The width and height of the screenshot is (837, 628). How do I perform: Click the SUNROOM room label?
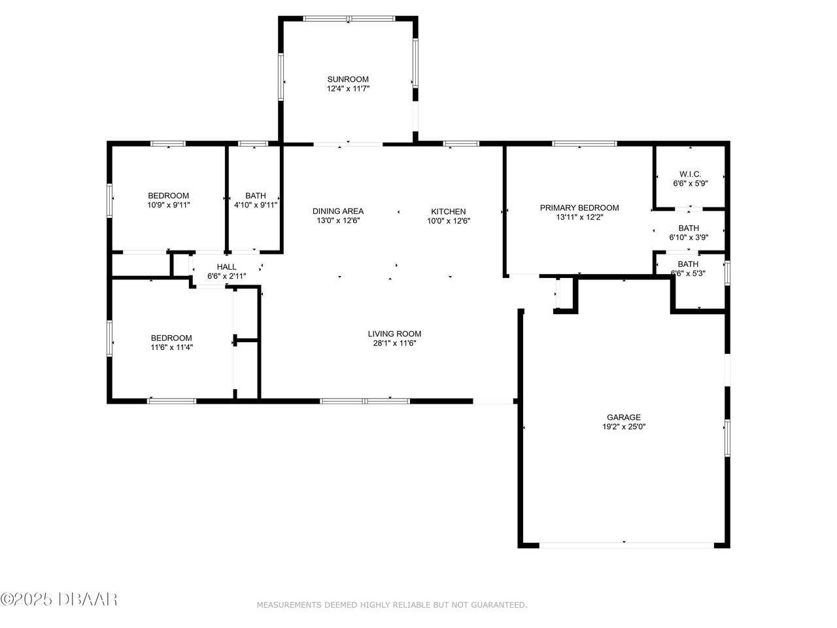[x=348, y=79]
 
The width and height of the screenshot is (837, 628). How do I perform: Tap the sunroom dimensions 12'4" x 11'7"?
[x=348, y=89]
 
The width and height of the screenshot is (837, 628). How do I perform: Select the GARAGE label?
[x=624, y=417]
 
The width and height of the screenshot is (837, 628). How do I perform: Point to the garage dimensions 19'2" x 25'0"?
[x=624, y=427]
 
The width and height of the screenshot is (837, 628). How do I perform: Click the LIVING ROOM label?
[x=395, y=334]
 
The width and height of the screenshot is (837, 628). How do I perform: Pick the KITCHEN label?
[x=449, y=211]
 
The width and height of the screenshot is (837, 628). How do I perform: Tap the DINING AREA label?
[x=338, y=211]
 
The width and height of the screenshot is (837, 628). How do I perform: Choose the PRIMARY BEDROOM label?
[x=579, y=208]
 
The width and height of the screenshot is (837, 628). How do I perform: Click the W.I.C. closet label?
[x=690, y=174]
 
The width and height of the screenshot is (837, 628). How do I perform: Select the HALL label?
[x=226, y=267]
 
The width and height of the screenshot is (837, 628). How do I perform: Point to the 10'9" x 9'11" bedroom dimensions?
[x=169, y=205]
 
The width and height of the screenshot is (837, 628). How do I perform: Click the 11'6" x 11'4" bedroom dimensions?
[x=171, y=347]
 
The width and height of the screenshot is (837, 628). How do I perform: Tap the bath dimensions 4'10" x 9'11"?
[x=256, y=205]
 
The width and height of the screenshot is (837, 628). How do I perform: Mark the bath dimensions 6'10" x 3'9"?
[x=689, y=237]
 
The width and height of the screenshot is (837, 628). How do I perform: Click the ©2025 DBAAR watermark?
[x=59, y=600]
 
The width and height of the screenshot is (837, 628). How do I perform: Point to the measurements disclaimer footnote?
[x=392, y=604]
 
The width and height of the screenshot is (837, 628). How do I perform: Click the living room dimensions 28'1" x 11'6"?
[x=395, y=343]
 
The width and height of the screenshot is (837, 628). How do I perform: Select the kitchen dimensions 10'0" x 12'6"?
[x=449, y=221]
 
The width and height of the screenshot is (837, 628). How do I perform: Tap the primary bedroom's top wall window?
[x=584, y=144]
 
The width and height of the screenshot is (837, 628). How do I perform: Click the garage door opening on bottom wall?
[x=626, y=546]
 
